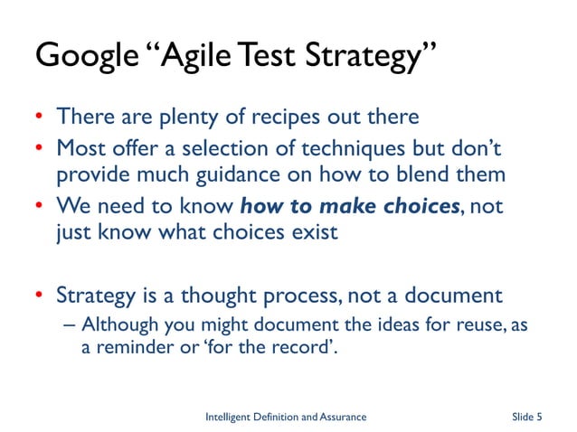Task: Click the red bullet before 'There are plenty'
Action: tap(40, 118)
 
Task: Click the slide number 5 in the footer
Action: tap(539, 417)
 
